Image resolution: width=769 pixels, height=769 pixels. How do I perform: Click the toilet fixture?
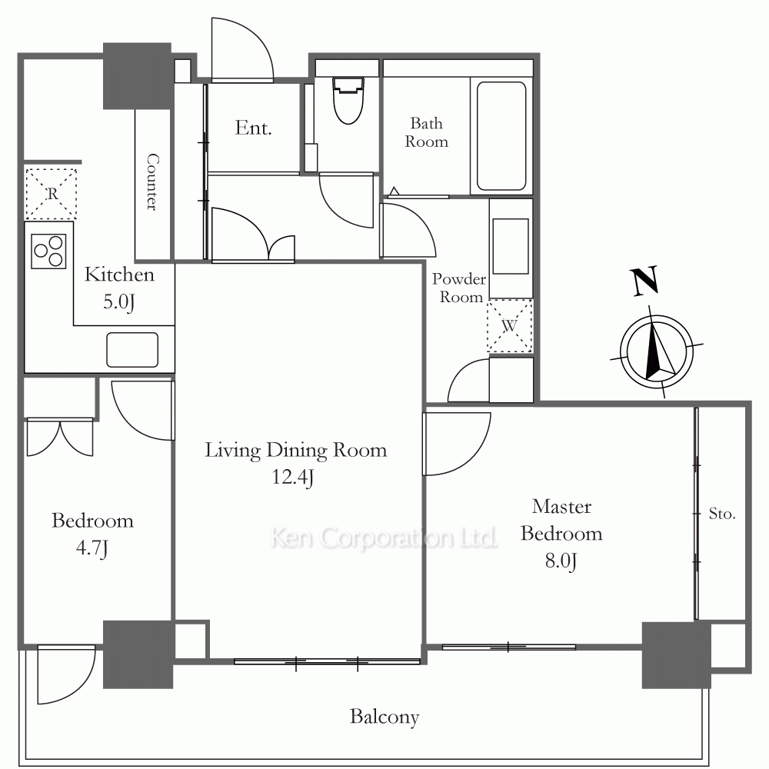coord(348,100)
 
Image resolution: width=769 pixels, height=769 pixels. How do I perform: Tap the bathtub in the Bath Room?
coord(501,136)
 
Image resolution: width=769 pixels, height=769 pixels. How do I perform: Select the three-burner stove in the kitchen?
coord(48,251)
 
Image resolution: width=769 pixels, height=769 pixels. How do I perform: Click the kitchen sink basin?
coord(132,350)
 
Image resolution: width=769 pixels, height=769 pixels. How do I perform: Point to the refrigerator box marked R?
coord(51,194)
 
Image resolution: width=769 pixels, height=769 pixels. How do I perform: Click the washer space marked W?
coord(510,325)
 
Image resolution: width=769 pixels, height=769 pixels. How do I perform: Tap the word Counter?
coord(152,182)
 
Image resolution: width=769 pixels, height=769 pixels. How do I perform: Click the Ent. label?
coord(253,128)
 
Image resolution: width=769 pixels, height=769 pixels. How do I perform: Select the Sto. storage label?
coord(722,514)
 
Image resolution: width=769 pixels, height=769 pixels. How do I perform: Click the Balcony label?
coord(384,717)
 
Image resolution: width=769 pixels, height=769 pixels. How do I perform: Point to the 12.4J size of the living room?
coord(293,478)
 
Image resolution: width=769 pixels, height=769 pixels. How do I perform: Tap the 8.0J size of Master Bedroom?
coord(561,561)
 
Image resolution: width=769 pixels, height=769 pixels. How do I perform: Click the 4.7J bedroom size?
coord(92,548)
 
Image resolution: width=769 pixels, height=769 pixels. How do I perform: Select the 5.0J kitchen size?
coord(118,301)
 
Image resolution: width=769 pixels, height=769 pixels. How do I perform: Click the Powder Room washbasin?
coord(511,247)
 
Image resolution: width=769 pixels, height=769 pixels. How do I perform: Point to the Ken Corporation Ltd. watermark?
coord(384,538)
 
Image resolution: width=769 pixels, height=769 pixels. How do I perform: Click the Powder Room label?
coord(459,288)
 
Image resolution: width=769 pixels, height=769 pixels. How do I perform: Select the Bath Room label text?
coord(426,132)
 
